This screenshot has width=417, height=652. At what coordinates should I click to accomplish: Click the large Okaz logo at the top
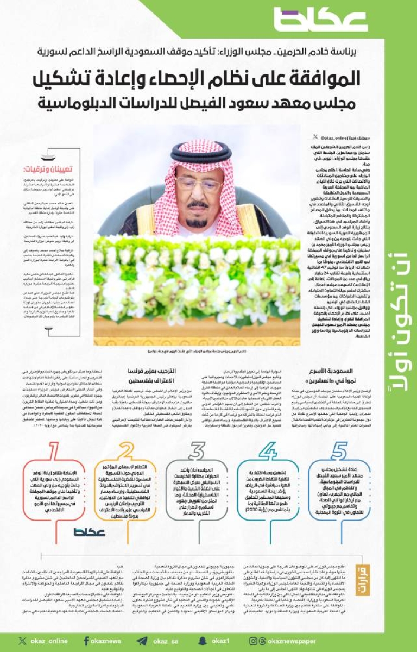(320, 21)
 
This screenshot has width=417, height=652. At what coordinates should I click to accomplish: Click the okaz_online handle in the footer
(43, 641)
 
